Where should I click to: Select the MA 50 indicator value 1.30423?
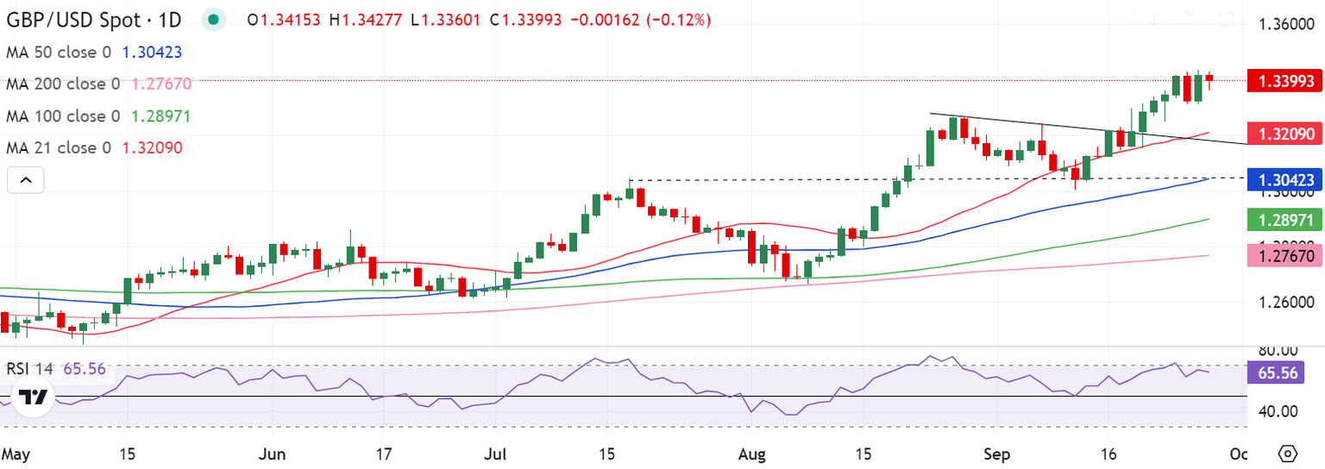pyautogui.click(x=152, y=52)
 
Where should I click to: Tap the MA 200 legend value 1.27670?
pyautogui.click(x=161, y=84)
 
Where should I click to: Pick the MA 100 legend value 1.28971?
pyautogui.click(x=161, y=116)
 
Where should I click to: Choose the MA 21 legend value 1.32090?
pyautogui.click(x=152, y=147)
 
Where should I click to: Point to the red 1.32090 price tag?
pyautogui.click(x=1277, y=134)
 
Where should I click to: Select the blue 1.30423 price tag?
pyautogui.click(x=1277, y=180)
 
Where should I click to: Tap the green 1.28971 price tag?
pyautogui.click(x=1277, y=222)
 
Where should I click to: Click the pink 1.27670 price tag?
pyautogui.click(x=1277, y=256)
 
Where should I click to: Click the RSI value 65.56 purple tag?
pyautogui.click(x=1277, y=372)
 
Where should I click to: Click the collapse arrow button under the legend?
pyautogui.click(x=25, y=180)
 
